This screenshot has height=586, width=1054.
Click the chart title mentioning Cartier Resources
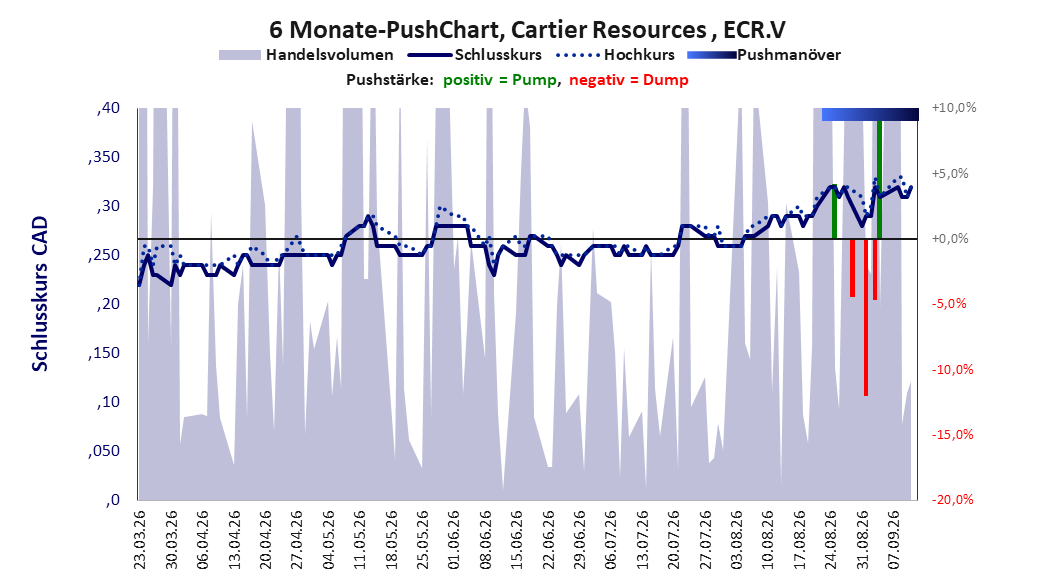(527, 30)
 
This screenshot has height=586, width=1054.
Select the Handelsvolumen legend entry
(307, 55)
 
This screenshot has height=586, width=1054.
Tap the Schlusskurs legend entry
(475, 55)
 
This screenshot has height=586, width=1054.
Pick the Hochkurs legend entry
(616, 55)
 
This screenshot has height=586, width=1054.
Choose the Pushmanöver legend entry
(764, 55)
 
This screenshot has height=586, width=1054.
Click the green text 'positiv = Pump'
(500, 80)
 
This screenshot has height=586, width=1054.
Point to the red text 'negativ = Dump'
(629, 80)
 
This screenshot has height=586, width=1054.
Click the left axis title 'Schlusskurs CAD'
(40, 293)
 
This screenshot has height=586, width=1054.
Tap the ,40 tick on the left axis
(108, 108)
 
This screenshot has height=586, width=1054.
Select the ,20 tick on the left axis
(108, 304)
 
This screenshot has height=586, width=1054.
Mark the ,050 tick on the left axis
(104, 451)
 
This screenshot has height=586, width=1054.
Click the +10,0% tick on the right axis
(954, 108)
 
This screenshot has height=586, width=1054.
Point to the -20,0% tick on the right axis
(952, 499)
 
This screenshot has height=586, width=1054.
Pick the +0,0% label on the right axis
(950, 239)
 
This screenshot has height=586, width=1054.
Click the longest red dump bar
(866, 317)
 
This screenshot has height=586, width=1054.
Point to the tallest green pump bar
(879, 179)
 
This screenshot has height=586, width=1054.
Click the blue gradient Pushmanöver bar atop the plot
(870, 114)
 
